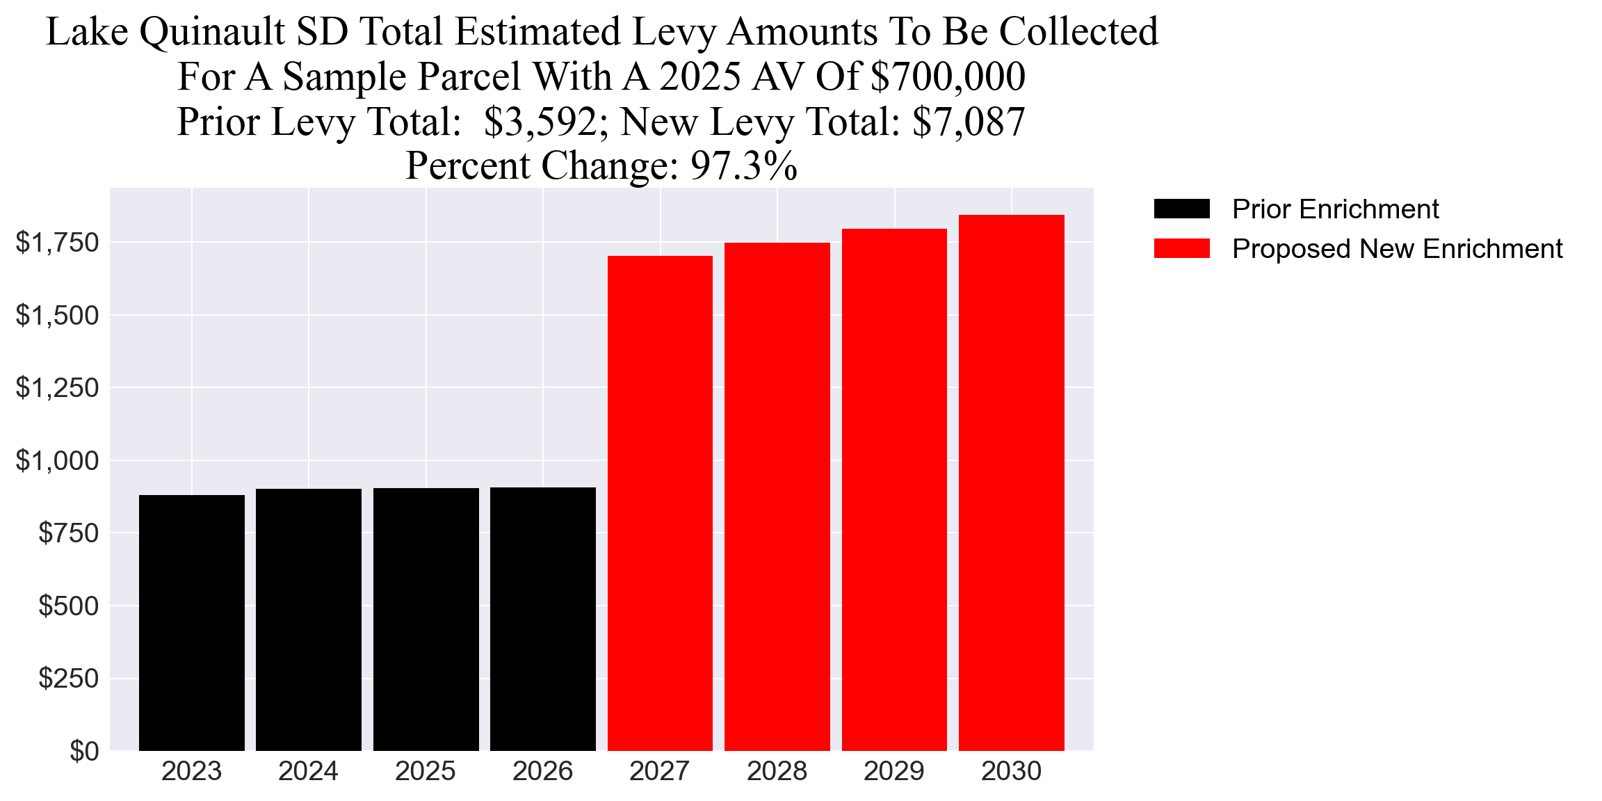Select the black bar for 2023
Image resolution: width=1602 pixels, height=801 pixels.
point(191,622)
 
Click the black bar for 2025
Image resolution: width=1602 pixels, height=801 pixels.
point(426,619)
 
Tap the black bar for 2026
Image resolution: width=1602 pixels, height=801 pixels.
point(542,619)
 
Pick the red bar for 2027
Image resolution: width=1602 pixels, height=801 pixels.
point(660,503)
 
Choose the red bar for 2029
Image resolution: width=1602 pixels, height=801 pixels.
point(894,489)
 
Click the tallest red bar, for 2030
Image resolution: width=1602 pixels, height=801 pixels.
point(1011,483)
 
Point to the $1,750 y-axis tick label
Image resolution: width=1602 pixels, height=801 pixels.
point(58,243)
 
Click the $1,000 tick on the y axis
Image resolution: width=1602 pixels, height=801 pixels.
point(58,460)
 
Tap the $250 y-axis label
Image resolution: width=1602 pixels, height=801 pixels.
point(68,678)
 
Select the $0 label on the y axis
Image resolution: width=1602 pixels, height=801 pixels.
point(84,751)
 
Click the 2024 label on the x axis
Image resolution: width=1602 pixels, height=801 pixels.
point(308,771)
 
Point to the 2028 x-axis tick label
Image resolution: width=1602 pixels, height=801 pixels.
point(777,771)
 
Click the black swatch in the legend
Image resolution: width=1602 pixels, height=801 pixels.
point(1181,209)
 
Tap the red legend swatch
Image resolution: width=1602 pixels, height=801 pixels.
point(1181,248)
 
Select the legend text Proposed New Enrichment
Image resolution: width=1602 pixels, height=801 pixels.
point(1397,249)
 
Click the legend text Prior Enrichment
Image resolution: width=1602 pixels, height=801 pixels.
point(1335,209)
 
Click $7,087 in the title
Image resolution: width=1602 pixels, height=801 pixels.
point(969,122)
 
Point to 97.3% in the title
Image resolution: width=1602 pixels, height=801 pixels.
point(743,166)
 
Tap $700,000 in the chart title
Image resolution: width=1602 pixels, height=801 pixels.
point(947,76)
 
